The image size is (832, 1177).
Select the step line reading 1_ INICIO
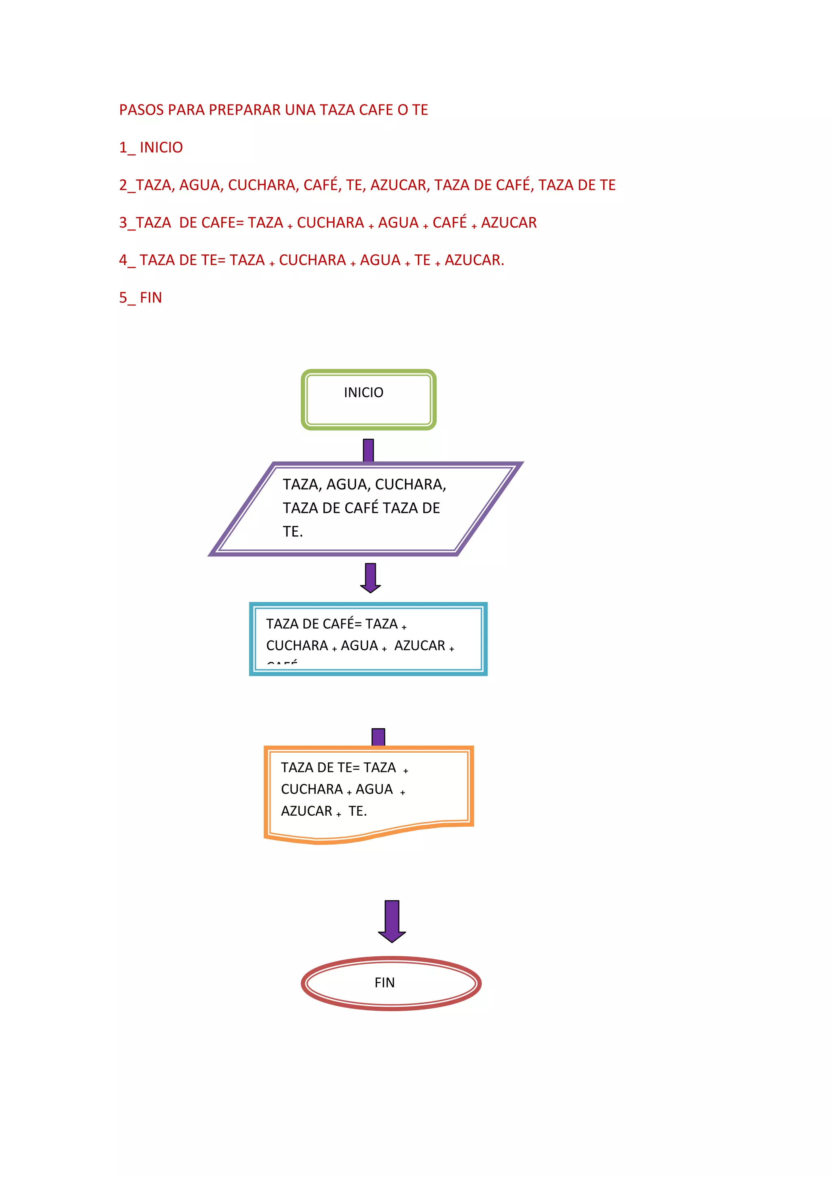pos(151,148)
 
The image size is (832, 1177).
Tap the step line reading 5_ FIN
pos(141,298)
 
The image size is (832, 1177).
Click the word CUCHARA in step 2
pos(261,185)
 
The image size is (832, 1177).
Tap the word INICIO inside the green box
pos(363,393)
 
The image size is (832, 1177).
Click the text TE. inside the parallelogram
pos(292,532)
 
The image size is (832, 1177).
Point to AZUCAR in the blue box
pos(420,646)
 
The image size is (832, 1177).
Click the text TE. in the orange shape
pos(357,811)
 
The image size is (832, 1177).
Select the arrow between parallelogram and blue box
pos(370,577)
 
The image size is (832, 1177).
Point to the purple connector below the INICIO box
pos(368,450)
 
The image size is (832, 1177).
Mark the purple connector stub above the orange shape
pos(378,737)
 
